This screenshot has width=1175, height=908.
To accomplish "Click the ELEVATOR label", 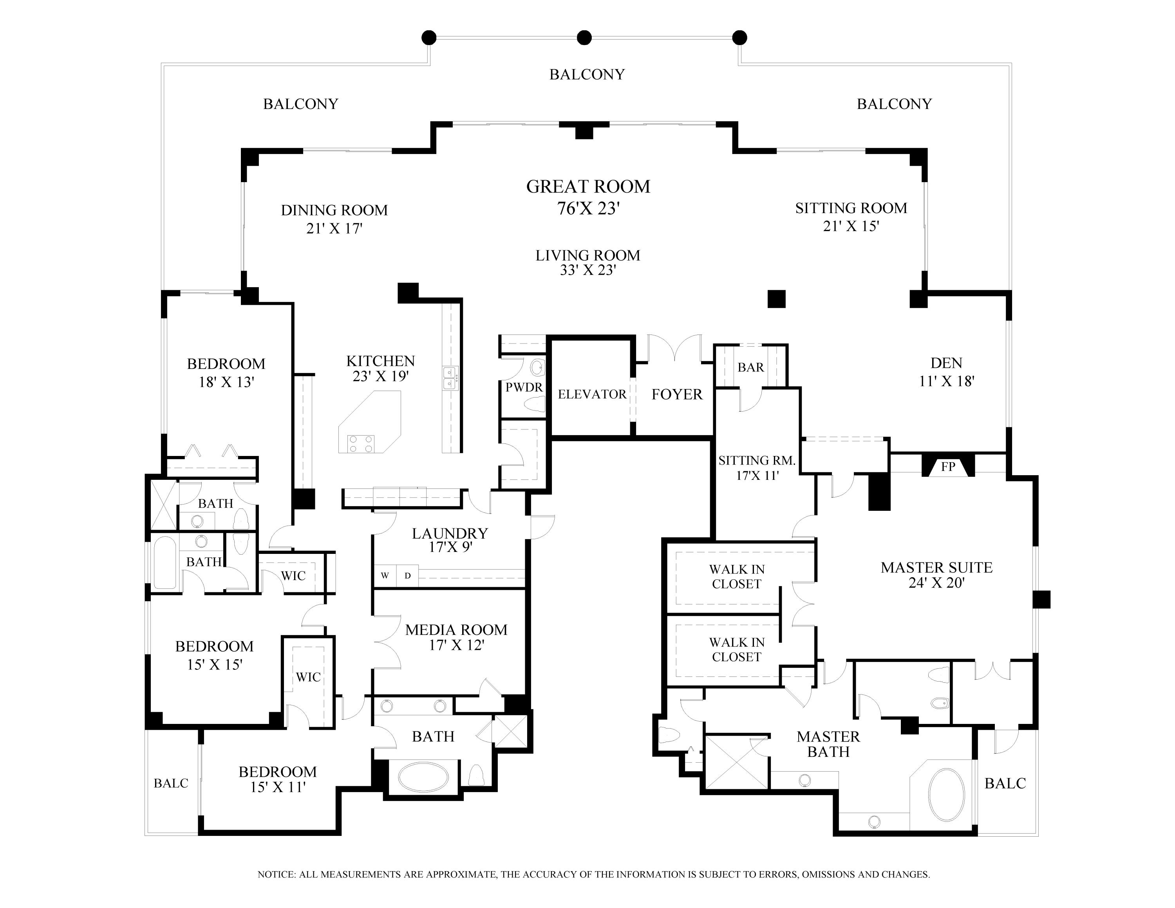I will tap(592, 394).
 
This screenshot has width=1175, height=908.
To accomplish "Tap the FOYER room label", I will tap(677, 394).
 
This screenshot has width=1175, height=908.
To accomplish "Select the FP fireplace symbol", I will tap(947, 467).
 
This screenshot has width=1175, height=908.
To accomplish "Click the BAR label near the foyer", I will tap(750, 367).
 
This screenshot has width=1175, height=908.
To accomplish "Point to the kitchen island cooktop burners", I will tap(361, 444).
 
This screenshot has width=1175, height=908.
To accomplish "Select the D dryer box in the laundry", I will tap(408, 575).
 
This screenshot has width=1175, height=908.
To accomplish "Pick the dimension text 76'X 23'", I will tap(589, 208).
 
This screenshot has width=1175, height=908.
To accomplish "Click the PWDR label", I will tap(524, 387).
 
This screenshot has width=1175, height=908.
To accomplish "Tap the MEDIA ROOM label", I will tap(456, 629).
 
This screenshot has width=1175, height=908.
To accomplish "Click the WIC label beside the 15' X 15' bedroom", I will tap(308, 677).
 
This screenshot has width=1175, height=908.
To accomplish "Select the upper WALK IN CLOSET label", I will tap(736, 576).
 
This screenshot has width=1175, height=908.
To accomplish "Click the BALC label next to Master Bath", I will tap(1005, 783).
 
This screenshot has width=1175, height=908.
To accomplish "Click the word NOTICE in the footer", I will tap(277, 874).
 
